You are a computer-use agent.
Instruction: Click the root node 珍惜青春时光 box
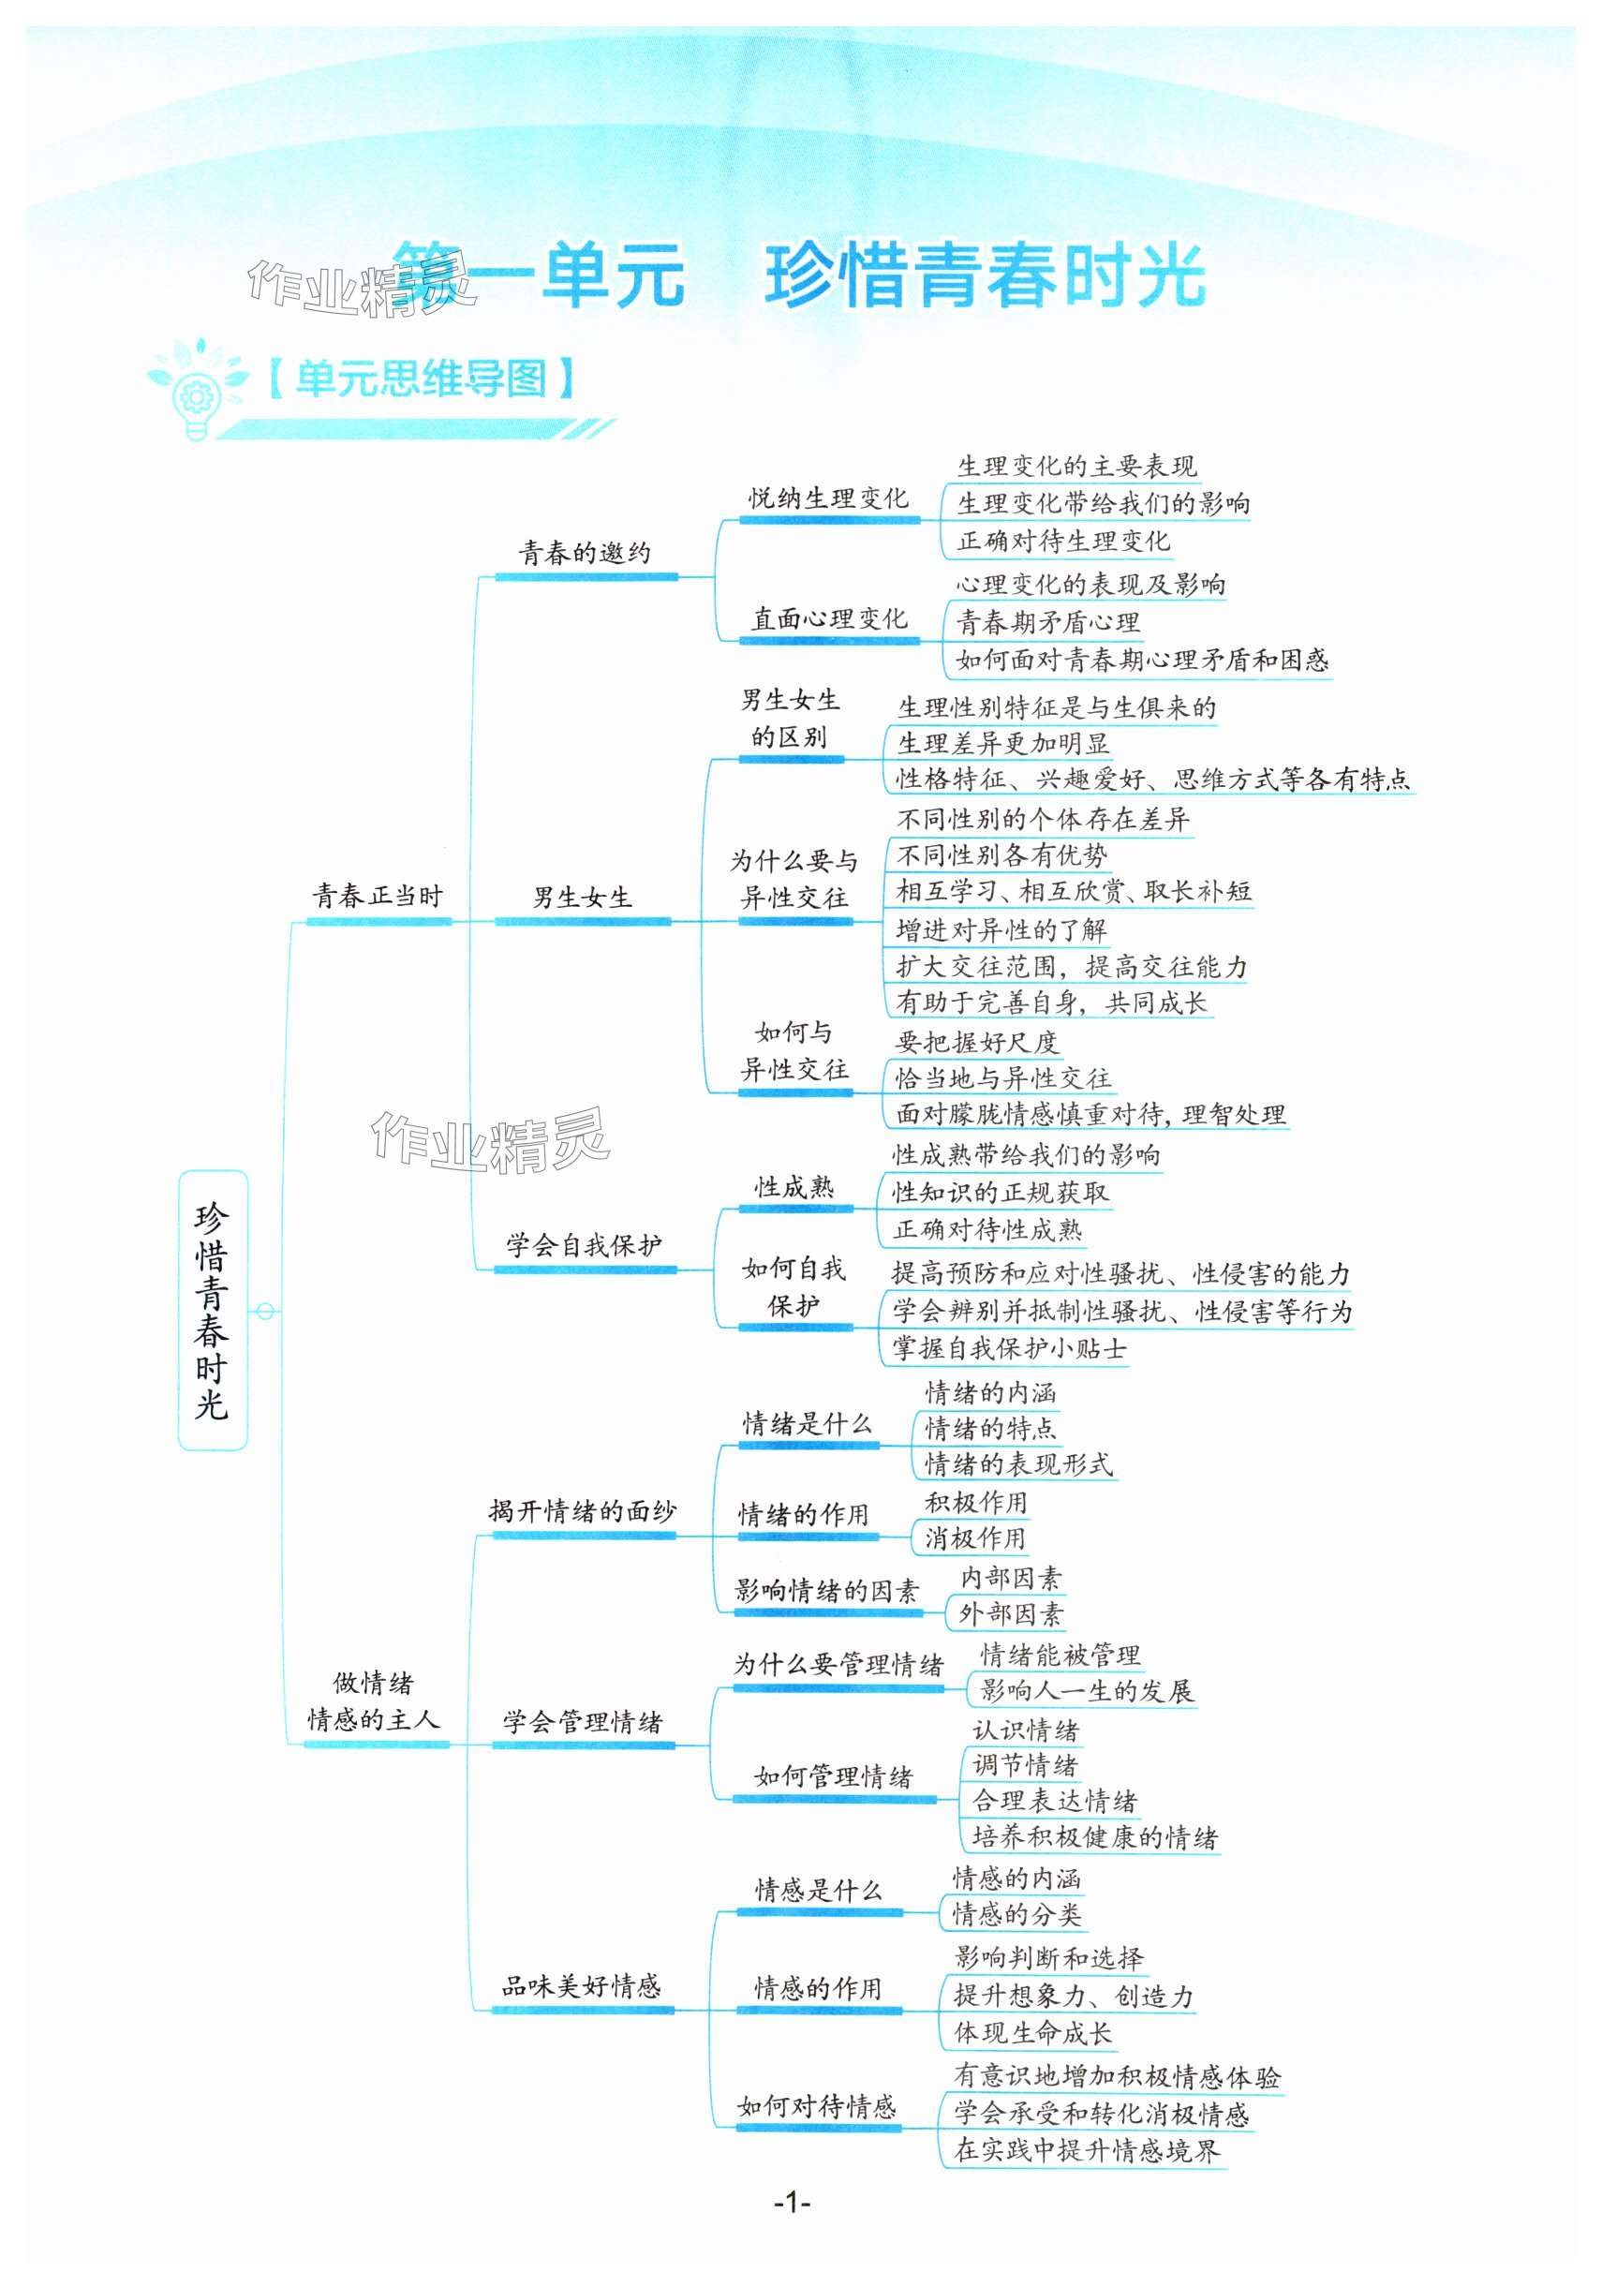[213, 1309]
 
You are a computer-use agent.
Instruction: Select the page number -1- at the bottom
[792, 2202]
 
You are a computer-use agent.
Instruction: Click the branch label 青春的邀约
[585, 553]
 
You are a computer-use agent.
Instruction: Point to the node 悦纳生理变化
[828, 498]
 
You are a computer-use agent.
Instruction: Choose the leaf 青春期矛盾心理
[1048, 622]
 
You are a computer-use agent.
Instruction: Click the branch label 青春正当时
[378, 897]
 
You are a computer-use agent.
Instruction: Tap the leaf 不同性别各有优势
[1002, 855]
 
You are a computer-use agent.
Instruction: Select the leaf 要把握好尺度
[976, 1042]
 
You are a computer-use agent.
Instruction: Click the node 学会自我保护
[584, 1245]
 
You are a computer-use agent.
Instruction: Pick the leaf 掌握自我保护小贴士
[1009, 1349]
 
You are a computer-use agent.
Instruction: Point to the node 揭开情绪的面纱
[583, 1511]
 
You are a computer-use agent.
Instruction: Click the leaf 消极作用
[975, 1538]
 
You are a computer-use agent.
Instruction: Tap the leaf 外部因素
[1010, 1613]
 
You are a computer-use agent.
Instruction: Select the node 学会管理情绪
[583, 1722]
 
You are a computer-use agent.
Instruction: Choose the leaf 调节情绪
[1025, 1765]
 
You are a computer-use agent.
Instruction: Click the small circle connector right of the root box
[265, 1311]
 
